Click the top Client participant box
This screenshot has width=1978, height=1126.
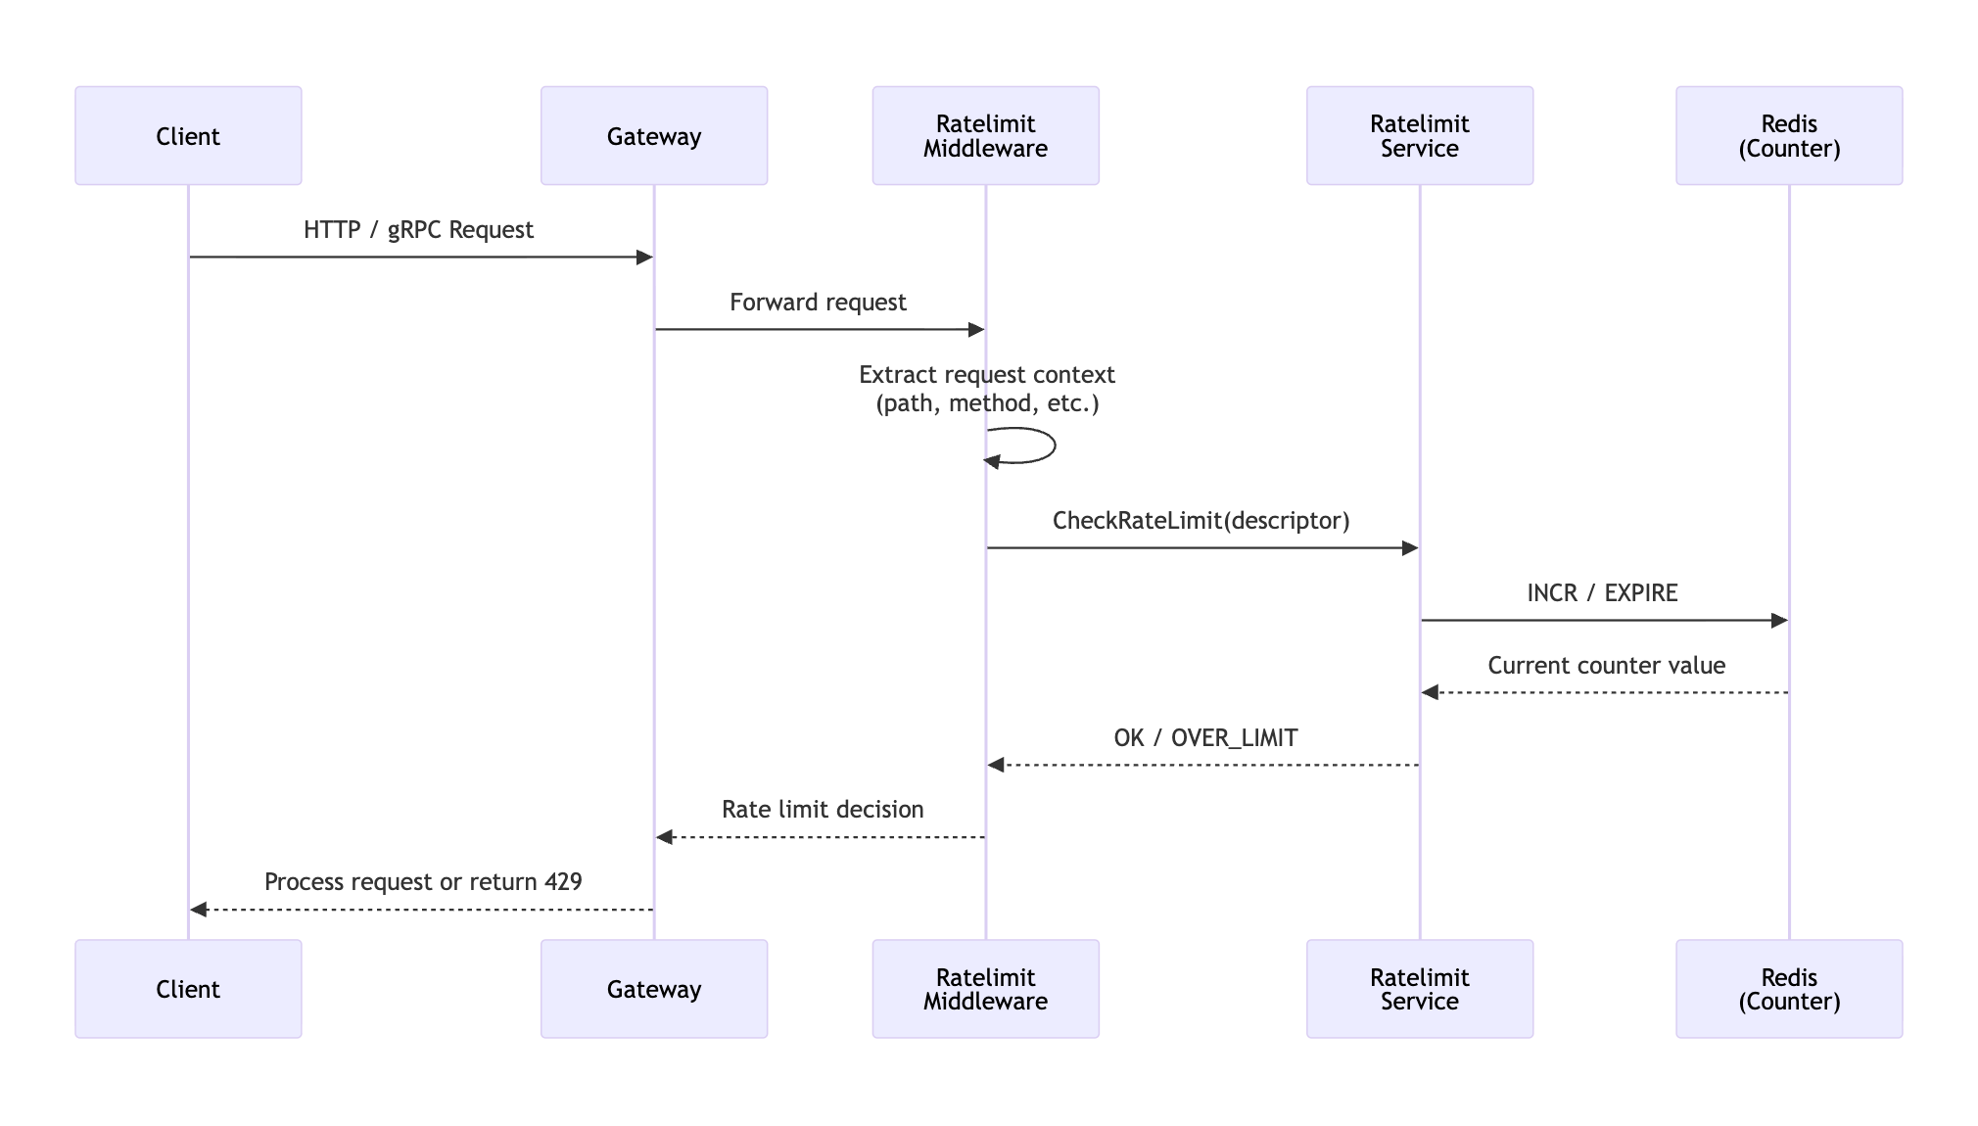click(188, 135)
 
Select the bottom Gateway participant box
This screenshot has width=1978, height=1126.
click(654, 989)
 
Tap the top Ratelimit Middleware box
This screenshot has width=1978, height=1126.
click(985, 135)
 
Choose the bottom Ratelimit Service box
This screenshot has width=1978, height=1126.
click(1419, 989)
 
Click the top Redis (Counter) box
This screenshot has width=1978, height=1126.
click(1788, 135)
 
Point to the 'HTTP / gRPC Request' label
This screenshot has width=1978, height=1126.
click(418, 230)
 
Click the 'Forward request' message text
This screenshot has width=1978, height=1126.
click(818, 303)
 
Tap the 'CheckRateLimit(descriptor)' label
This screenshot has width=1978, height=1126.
click(1201, 521)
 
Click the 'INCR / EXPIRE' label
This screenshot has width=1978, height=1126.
click(1602, 593)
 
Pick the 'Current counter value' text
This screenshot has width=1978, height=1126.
click(1606, 666)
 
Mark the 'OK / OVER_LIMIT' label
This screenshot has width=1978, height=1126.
click(1205, 738)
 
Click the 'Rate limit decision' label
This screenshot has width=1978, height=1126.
click(823, 810)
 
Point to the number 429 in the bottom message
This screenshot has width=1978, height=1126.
click(563, 882)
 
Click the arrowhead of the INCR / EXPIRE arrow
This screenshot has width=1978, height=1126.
click(1779, 621)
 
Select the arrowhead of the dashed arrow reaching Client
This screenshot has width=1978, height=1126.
click(199, 910)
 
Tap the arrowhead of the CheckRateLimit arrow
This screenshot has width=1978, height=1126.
click(1410, 548)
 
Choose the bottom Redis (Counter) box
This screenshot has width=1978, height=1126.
click(1788, 989)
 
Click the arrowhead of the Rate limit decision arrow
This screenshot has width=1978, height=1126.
click(665, 837)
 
